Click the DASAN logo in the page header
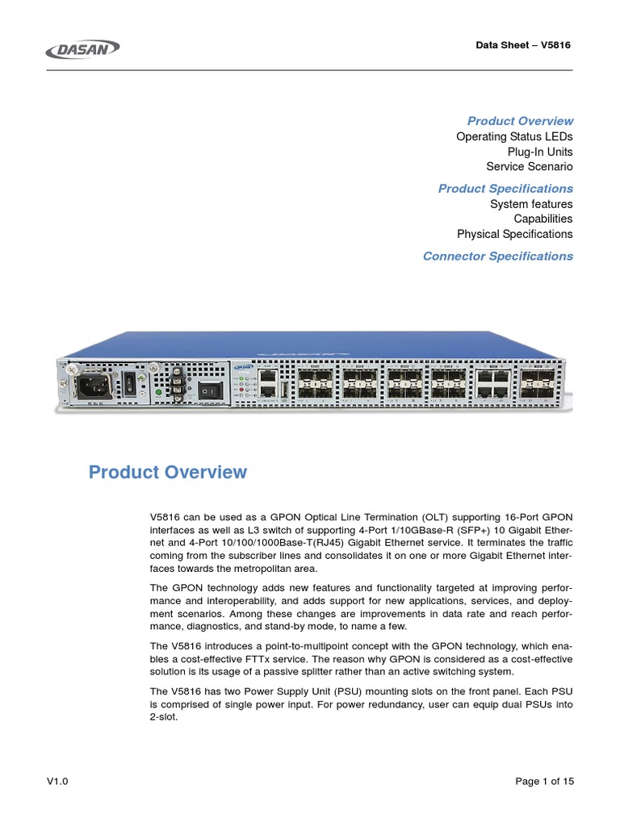pos(83,49)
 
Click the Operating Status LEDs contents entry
pos(514,136)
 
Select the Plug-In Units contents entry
pos(540,152)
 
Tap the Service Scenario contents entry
pos(529,167)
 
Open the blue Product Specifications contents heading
pos(505,189)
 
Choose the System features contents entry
pos(531,204)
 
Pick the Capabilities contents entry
pos(542,219)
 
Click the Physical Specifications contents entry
pos(514,234)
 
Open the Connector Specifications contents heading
pos(497,257)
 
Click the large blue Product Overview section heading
pos(168,473)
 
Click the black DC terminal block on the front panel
pos(174,385)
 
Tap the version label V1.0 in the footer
pos(57,782)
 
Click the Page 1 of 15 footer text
pos(543,782)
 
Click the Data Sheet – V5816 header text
pos(523,45)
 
